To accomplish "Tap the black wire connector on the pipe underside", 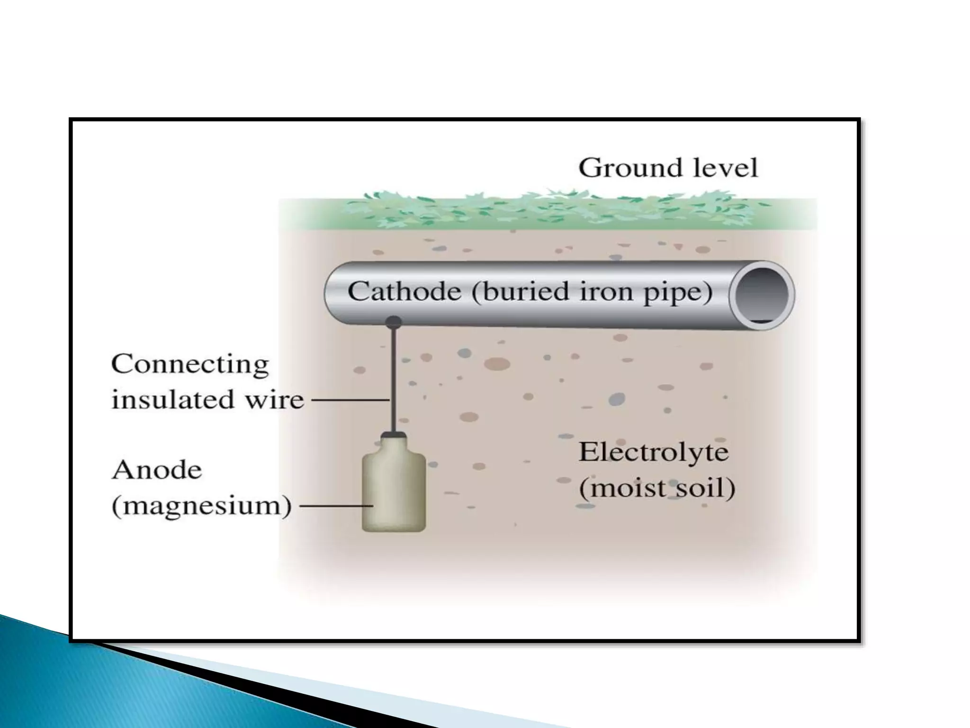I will tap(393, 322).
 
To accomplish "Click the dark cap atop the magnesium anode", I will tap(394, 434).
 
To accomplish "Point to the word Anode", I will tap(157, 470).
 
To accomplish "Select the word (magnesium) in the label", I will tap(201, 506).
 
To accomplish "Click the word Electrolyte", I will tap(653, 453).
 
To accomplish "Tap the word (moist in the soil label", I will tap(619, 488).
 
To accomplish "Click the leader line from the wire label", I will tap(350, 400).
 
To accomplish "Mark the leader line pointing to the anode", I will tap(336, 506).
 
